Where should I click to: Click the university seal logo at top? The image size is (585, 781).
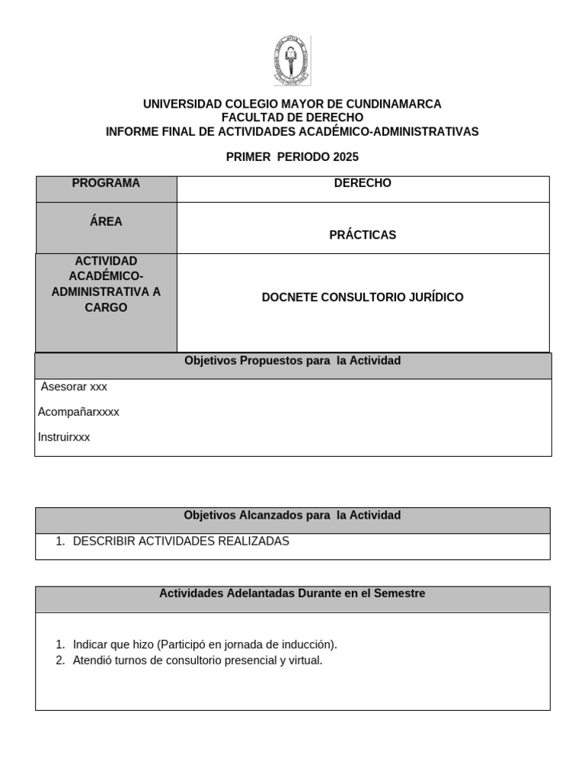pos(292,61)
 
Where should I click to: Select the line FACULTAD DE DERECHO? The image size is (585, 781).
pos(292,117)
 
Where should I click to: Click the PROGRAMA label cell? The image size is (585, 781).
pos(106,183)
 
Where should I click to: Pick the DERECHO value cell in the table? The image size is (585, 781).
pos(363,183)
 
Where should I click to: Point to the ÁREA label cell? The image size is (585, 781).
pos(106,222)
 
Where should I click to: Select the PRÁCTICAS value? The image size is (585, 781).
pos(363,235)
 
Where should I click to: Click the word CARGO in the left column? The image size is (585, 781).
pos(106,307)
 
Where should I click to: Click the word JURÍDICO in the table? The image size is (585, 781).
pos(435,297)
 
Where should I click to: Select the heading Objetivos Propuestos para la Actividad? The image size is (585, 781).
pos(292,360)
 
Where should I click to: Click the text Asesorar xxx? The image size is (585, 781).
pos(74,387)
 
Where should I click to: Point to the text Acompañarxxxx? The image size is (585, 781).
pos(78,412)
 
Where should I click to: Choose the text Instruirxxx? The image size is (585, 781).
pos(64,438)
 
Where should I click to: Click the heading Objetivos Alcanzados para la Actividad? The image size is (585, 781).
pos(292,516)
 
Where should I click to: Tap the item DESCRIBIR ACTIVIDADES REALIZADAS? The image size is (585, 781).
pos(181,541)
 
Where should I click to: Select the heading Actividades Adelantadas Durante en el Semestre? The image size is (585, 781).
pos(292,593)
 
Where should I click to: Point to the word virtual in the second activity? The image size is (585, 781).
pos(305,660)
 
